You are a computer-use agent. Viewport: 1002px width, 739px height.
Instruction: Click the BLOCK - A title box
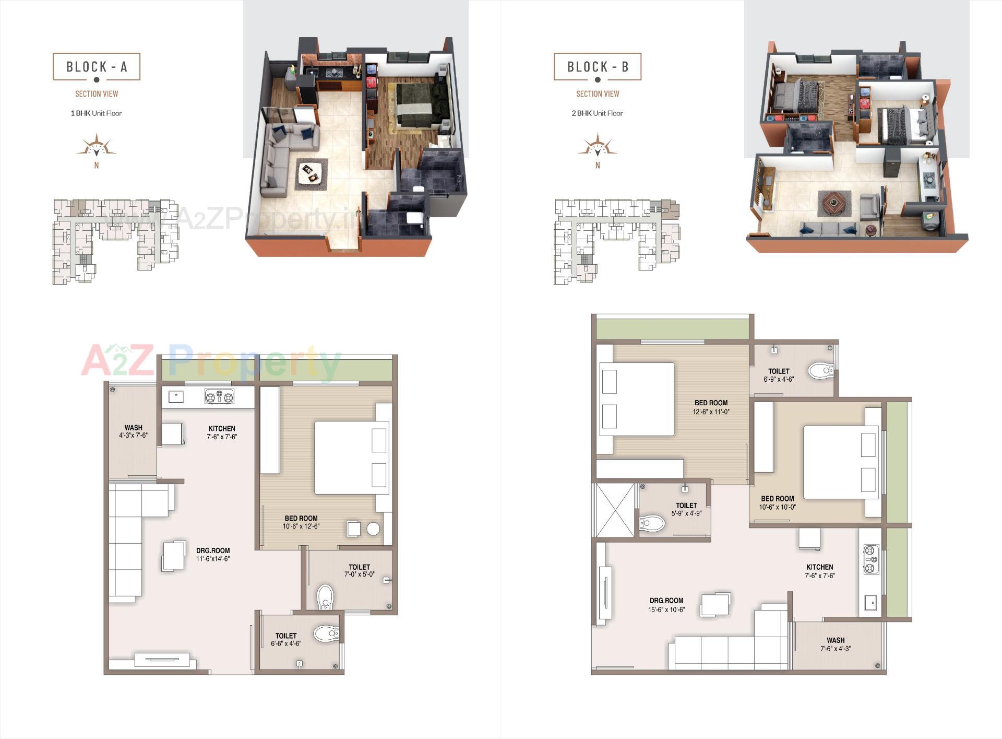[97, 67]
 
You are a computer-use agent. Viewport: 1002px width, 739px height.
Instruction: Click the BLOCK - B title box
[598, 67]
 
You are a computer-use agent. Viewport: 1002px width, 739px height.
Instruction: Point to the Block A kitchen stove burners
[219, 397]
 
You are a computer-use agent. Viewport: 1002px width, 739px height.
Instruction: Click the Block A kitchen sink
[176, 397]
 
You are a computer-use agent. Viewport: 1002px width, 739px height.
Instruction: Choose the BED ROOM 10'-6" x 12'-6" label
[301, 522]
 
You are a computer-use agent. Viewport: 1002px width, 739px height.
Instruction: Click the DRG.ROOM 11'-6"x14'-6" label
[213, 554]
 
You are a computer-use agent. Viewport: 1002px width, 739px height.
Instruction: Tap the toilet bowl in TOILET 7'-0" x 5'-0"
[325, 596]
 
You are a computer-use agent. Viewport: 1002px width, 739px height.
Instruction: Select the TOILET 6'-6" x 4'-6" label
[286, 640]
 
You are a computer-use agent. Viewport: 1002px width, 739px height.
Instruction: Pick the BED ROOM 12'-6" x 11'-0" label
[711, 407]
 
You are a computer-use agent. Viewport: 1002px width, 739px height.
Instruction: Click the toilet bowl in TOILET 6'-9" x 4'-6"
[821, 371]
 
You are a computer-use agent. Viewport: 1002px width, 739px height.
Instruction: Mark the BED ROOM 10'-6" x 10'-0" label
[777, 502]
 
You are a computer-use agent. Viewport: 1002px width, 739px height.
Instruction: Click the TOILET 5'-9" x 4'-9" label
[686, 509]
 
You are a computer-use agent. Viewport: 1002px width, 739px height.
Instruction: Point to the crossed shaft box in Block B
[614, 510]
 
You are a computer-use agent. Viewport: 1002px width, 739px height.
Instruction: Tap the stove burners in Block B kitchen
[871, 559]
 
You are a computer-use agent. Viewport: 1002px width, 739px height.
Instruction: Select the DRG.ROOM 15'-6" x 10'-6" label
[666, 605]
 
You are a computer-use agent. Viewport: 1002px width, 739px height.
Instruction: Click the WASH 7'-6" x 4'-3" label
[836, 644]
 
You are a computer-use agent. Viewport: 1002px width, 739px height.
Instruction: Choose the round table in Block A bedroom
[373, 529]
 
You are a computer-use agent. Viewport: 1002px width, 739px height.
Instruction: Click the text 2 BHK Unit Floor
[598, 113]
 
